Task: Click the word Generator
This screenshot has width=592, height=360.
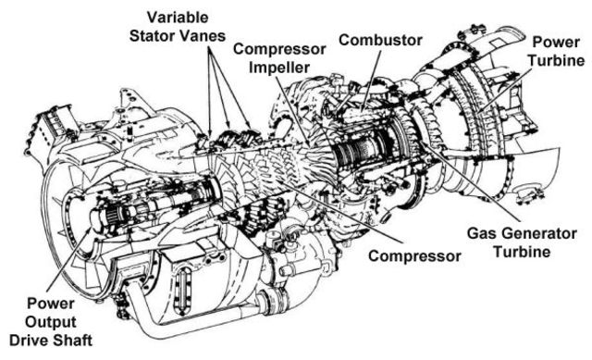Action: [521, 231]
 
